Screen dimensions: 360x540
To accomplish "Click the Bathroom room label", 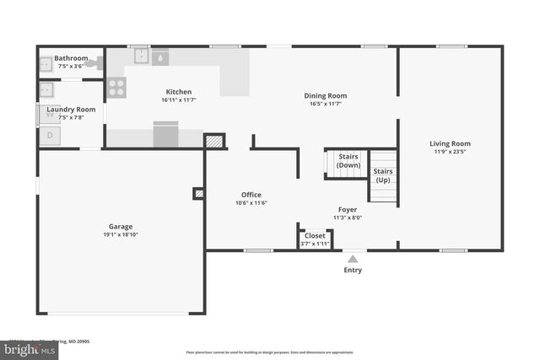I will pos(71,58).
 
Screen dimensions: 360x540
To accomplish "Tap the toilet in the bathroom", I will pos(93,62).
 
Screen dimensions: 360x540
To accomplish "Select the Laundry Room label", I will pos(71,110).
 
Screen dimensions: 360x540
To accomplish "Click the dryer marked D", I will pos(49,134).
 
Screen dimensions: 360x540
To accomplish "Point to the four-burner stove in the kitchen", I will pos(116,87).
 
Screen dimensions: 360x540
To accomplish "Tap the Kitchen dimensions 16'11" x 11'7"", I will pos(178,100).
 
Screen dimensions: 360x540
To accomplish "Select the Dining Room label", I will pos(325,96).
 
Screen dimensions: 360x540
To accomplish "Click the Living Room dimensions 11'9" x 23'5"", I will pos(450,152).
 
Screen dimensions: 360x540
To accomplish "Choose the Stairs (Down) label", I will pos(348,160).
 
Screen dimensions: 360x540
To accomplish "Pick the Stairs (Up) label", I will pos(383,175).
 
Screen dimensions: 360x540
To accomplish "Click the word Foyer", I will pos(348,209).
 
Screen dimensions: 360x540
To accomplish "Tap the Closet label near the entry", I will pos(315,236).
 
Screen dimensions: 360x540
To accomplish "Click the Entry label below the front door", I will pos(353,270).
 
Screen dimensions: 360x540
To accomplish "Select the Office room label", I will pos(251,195).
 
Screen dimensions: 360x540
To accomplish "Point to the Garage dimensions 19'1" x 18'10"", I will pos(120,234).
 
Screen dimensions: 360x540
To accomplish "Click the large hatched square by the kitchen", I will pos(214,141).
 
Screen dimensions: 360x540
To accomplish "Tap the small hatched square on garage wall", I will pos(199,193).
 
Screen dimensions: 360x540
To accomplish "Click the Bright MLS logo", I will pos(28,348).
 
